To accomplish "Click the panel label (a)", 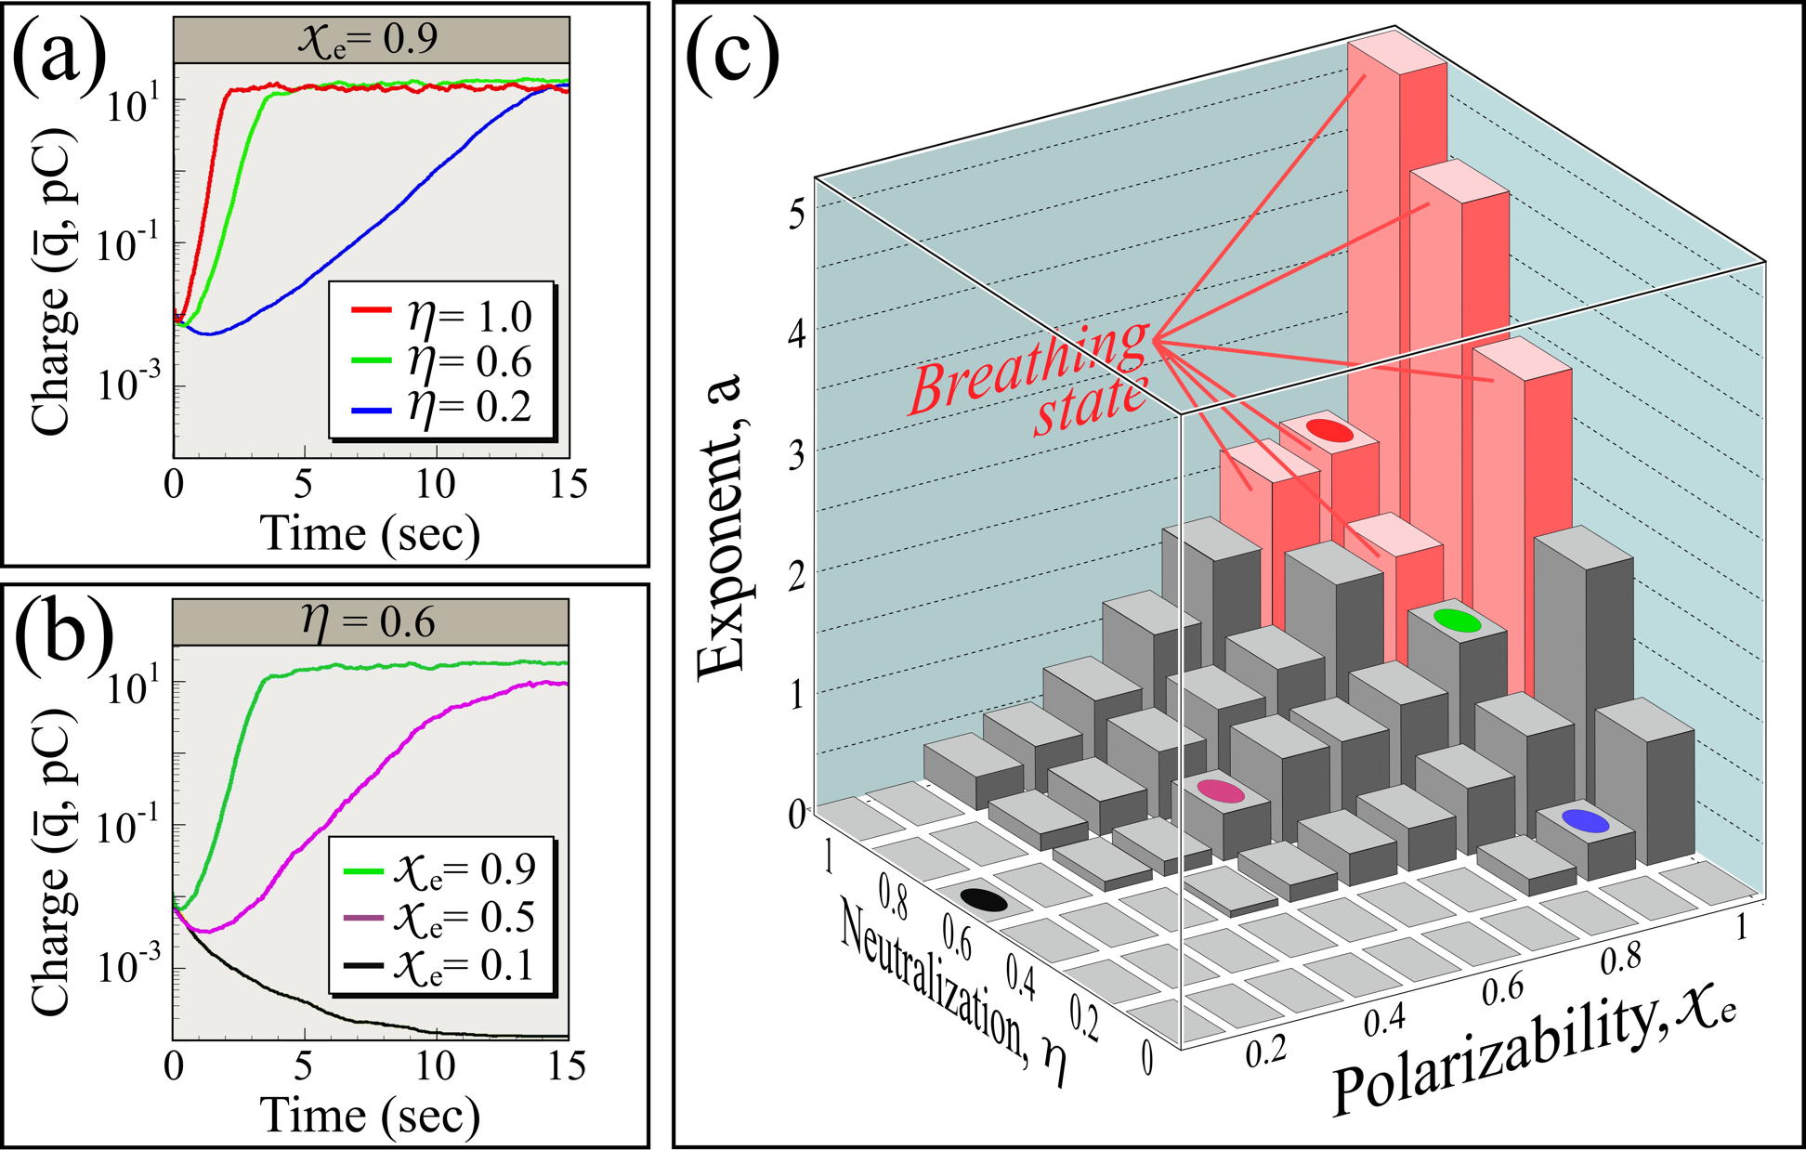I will point(58,58).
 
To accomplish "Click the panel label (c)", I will point(731,58).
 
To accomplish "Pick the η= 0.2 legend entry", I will point(442,407).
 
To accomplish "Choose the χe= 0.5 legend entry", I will point(440,917).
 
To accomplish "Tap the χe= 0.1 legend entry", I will point(440,965).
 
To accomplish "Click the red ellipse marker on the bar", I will point(1329,430).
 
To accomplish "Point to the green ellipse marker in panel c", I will point(1456,619).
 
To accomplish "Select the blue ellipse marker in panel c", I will point(1585,820).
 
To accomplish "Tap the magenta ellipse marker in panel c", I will point(1220,791).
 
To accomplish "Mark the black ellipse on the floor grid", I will point(983,899).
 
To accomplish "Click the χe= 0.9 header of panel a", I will point(371,40).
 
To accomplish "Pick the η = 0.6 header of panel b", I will point(371,621).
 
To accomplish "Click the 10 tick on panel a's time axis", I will point(436,484).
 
